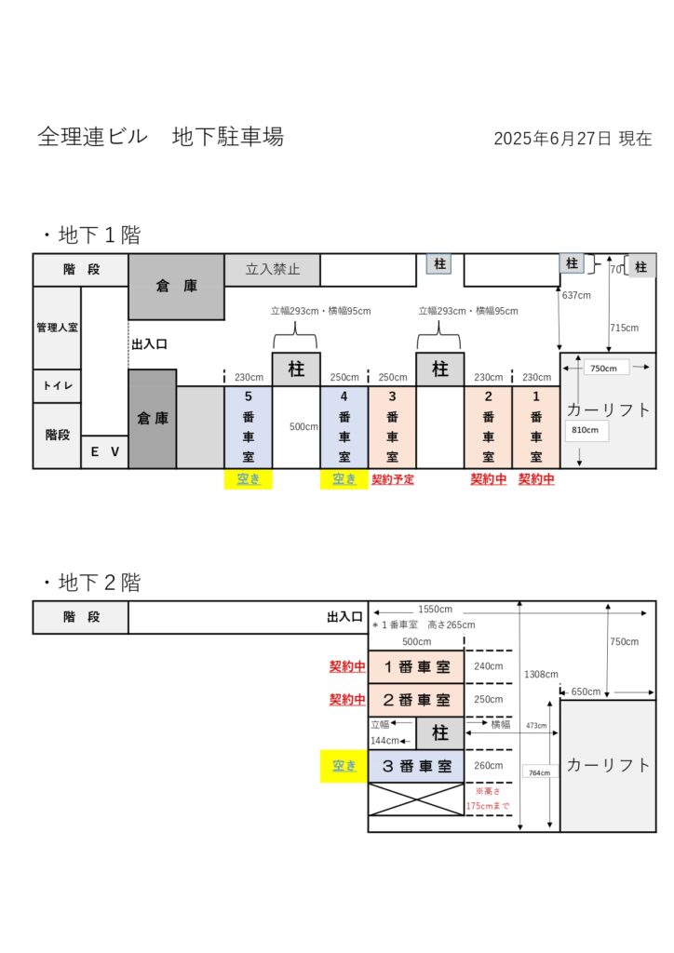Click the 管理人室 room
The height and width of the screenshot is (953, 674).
57,328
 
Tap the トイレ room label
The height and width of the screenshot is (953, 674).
57,385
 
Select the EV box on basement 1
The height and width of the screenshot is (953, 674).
104,451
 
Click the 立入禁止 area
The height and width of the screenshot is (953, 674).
272,269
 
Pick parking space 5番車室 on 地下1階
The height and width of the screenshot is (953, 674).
248,426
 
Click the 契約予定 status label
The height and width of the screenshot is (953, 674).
393,479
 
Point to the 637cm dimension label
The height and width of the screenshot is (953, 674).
576,295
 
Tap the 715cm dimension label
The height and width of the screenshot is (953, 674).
624,328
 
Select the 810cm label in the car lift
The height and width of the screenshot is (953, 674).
585,430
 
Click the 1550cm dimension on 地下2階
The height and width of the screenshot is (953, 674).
435,609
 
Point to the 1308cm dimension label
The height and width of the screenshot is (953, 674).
541,674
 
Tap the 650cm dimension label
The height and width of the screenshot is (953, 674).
586,691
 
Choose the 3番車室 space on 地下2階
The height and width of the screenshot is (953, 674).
416,767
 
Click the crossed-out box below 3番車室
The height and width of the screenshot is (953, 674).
416,799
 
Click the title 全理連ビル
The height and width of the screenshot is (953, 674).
92,136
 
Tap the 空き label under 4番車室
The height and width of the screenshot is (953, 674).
344,479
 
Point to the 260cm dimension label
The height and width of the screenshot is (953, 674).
488,766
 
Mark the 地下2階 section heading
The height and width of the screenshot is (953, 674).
92,583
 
